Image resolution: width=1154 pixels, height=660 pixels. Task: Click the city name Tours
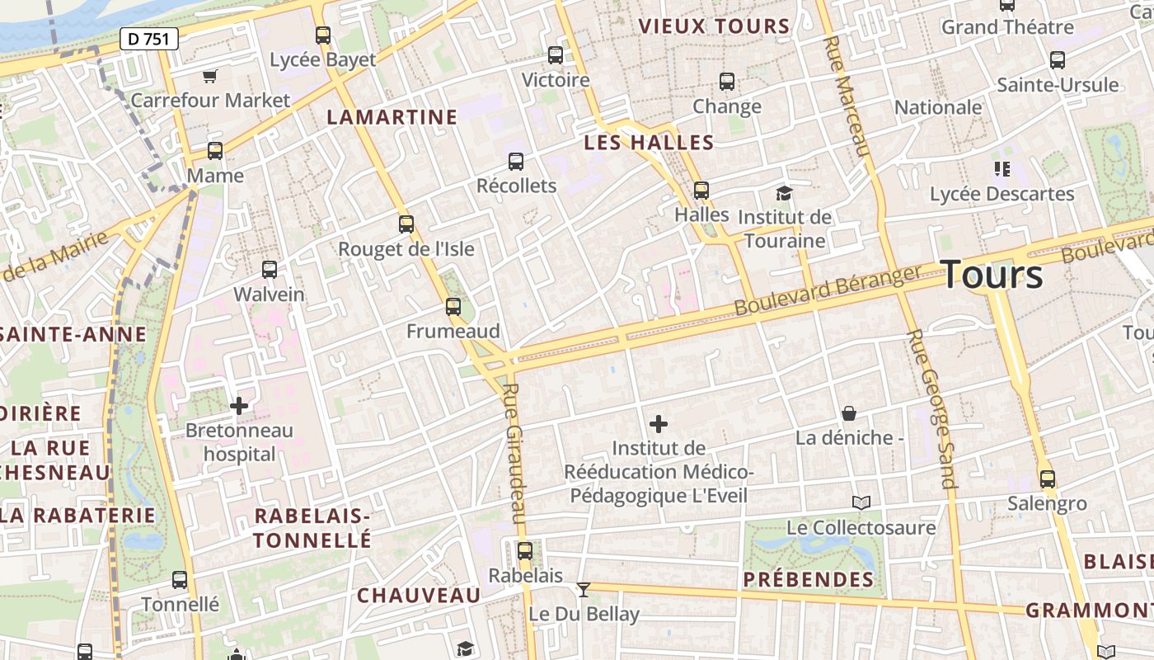[x=992, y=274]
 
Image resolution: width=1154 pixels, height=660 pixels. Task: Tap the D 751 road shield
[x=148, y=38]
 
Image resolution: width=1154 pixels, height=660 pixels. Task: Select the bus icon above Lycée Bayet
[x=323, y=35]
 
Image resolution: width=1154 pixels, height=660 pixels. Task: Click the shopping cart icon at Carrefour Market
[x=209, y=76]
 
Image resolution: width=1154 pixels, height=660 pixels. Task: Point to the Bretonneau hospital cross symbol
[x=239, y=406]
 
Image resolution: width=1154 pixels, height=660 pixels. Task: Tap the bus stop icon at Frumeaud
[x=453, y=307]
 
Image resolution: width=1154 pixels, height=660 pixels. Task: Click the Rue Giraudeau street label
[x=514, y=453]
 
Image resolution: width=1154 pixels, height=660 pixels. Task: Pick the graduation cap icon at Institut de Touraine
[x=784, y=194]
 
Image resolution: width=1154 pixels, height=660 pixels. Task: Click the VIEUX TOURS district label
[x=715, y=26]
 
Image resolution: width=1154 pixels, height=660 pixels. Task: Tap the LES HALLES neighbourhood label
[x=649, y=143]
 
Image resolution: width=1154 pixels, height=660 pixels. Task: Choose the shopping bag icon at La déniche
[x=849, y=413]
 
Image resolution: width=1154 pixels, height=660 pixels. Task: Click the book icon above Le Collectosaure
[x=861, y=502]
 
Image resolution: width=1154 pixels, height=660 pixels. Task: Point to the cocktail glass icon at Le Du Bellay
[x=584, y=589]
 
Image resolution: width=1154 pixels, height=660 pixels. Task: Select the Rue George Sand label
[x=931, y=408]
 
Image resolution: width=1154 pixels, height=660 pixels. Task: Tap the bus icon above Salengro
[x=1047, y=479]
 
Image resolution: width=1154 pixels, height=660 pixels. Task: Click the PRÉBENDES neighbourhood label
[x=808, y=580]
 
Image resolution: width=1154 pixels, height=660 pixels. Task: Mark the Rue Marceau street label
[x=847, y=96]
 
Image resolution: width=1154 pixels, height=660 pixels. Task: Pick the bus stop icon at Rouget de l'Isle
[x=406, y=224]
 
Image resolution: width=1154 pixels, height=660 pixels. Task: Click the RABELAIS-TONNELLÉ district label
[x=312, y=528]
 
